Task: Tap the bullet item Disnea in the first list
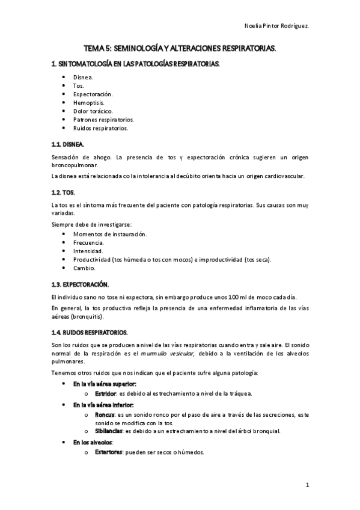[83, 78]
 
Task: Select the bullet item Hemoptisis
[88, 103]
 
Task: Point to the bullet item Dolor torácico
[93, 111]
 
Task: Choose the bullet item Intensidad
[88, 250]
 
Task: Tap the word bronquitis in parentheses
[87, 316]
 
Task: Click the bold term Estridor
[105, 393]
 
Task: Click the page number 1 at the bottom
[307, 485]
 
